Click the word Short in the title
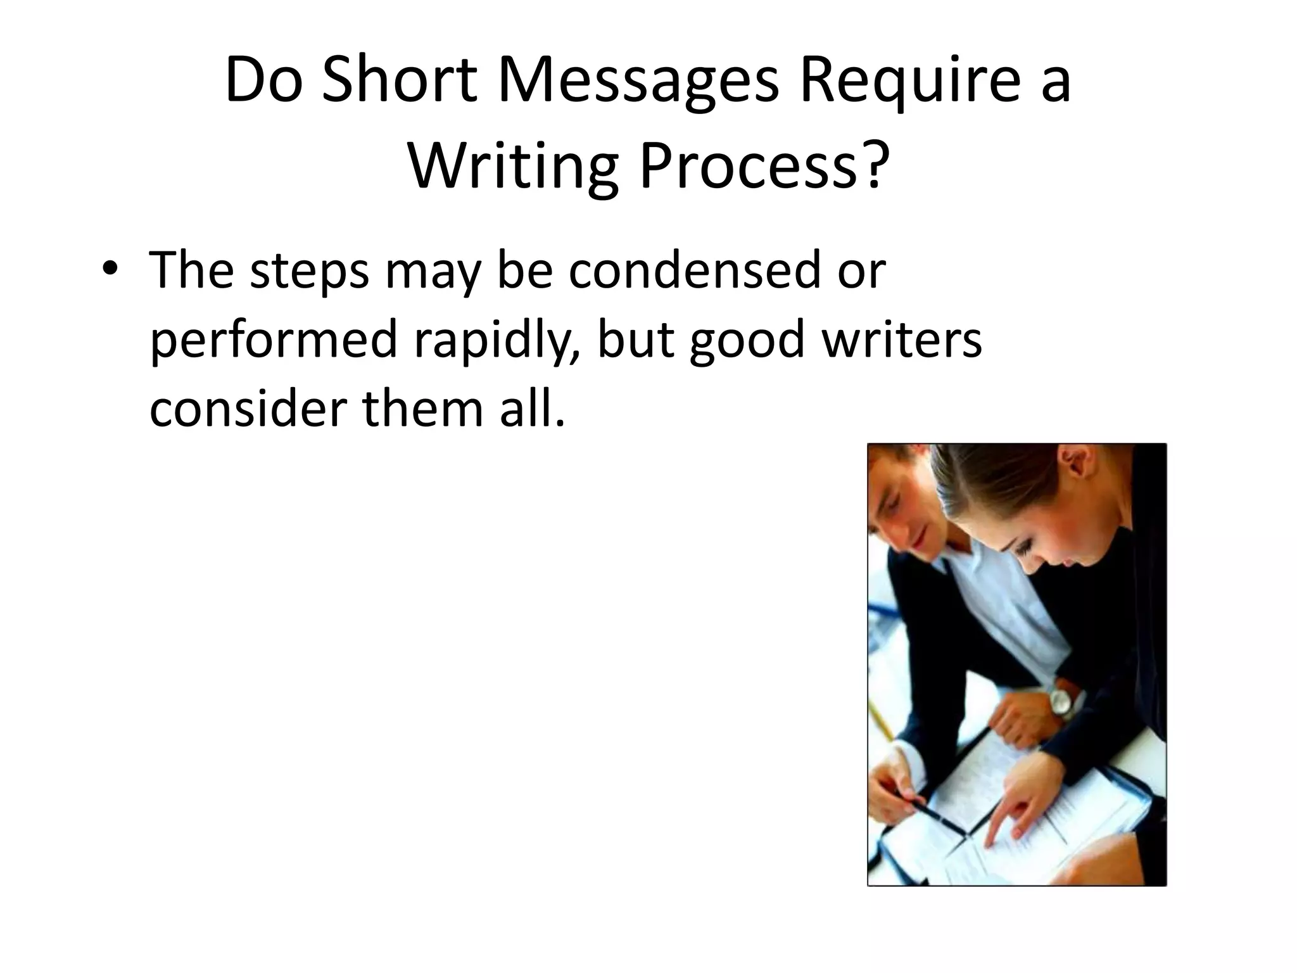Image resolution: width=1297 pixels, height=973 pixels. point(399,80)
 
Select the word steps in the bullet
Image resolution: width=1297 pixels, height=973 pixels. point(309,271)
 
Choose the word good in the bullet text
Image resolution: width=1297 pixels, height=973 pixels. point(747,340)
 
